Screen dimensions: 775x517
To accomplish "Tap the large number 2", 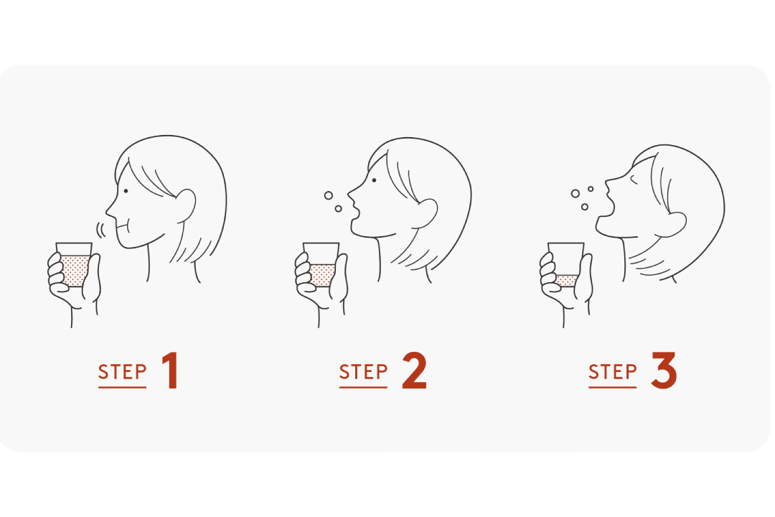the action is coord(414,371).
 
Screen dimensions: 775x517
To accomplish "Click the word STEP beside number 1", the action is coord(122,372).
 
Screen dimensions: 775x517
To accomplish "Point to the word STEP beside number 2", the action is coord(363,372).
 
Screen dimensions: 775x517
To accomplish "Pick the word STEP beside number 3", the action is coord(612,372).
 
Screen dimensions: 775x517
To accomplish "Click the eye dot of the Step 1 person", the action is coord(126,191).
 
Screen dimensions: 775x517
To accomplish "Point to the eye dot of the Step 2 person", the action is coord(374,180).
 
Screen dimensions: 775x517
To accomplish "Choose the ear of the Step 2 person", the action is coord(427,213).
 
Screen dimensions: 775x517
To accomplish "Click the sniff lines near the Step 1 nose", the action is coord(100,230).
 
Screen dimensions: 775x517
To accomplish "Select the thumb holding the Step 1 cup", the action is coord(93,278).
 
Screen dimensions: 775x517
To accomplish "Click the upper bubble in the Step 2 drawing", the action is coord(328,195).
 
